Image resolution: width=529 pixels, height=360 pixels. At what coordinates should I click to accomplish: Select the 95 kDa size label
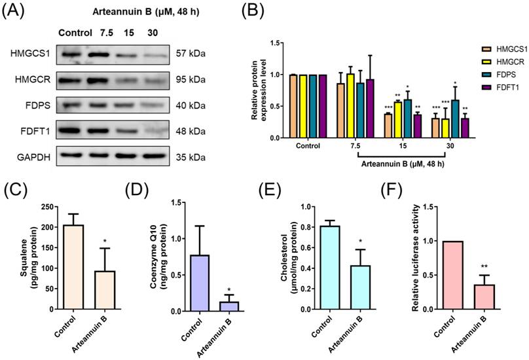click(191, 80)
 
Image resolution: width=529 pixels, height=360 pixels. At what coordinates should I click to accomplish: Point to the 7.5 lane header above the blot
click(106, 33)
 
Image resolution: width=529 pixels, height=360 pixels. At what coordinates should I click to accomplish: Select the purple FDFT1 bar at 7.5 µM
click(371, 108)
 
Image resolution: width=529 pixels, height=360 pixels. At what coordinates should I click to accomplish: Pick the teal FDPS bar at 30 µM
click(456, 118)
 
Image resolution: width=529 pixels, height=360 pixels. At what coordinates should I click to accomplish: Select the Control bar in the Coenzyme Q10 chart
click(200, 283)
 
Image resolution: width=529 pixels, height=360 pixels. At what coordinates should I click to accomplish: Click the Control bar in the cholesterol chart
click(331, 268)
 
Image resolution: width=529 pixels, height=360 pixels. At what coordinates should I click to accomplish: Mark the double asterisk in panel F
click(484, 267)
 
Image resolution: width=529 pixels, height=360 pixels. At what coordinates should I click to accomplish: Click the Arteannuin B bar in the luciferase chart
click(484, 297)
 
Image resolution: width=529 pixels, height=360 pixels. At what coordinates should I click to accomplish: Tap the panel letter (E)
click(270, 190)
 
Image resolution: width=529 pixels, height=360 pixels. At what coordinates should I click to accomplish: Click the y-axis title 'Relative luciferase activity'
click(416, 257)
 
